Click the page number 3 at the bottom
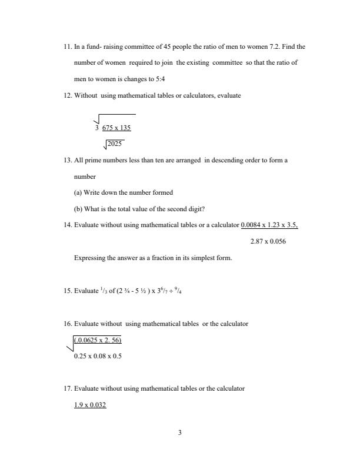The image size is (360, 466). coord(180,433)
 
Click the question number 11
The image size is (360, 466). coord(68,46)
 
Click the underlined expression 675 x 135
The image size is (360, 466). coord(116,128)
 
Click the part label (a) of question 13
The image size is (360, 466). coord(78,192)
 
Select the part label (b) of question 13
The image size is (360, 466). coord(78,209)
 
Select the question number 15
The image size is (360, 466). coord(68,291)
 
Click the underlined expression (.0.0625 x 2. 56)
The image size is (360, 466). coord(98,340)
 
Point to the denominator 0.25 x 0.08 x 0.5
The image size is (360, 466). coord(98,356)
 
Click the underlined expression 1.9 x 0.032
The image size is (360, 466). coord(90,405)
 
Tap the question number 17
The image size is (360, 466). coord(68,388)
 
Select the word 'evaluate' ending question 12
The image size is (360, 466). coord(229,95)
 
